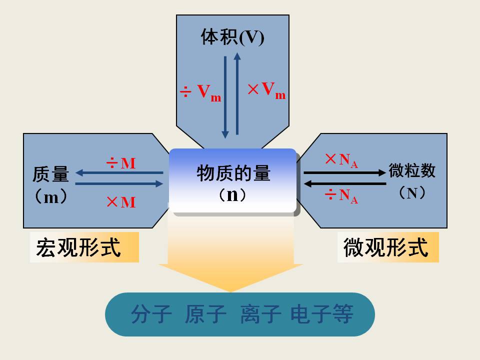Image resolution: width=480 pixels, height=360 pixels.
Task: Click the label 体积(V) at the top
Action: point(232,37)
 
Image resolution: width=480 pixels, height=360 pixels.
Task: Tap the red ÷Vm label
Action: point(200,92)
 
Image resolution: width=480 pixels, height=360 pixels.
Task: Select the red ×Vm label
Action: point(266,90)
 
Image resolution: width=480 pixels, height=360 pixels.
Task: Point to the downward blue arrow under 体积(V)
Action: point(225,97)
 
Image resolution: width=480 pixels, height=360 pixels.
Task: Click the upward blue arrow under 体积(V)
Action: point(237,93)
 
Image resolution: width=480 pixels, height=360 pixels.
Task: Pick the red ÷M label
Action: point(120,163)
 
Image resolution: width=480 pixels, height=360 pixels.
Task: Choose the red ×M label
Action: point(121,202)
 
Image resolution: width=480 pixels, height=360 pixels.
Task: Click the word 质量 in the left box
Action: point(50,174)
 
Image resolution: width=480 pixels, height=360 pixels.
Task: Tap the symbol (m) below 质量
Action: point(51,196)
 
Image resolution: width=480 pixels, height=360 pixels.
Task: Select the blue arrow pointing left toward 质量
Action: point(119,173)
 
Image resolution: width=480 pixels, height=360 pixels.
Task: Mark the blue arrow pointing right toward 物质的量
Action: point(119,183)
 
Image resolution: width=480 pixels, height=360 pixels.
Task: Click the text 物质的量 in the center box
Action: point(233,173)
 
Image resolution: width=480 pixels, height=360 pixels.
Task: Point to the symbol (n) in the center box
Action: point(232,195)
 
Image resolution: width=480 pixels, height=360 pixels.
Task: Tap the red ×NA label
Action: point(341,160)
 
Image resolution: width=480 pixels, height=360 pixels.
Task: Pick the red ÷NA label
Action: point(341,195)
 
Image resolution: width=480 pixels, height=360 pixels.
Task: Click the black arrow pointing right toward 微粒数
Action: point(344,172)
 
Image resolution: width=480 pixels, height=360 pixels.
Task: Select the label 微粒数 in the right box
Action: point(412,170)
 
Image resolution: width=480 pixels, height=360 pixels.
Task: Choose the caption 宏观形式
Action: point(78,247)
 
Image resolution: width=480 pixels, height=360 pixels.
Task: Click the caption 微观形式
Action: point(385,247)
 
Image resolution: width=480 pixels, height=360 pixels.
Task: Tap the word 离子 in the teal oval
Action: point(260,314)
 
